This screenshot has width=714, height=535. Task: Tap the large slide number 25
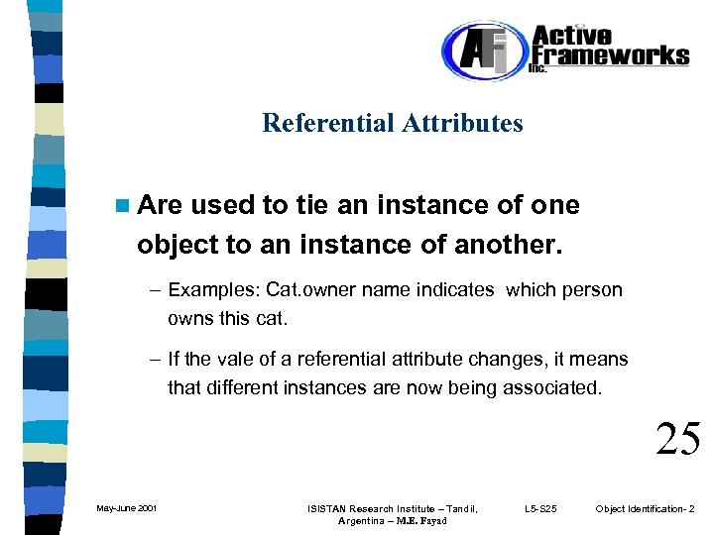678,439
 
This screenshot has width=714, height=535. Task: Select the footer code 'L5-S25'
541,509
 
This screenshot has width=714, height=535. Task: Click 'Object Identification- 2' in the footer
646,509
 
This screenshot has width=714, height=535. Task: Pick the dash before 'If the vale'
156,360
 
